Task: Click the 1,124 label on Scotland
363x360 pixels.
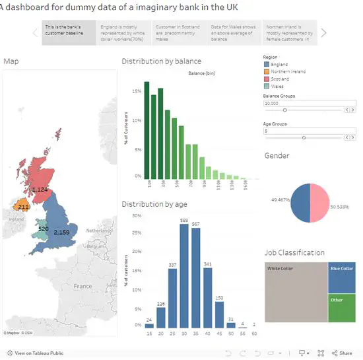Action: pos(40,190)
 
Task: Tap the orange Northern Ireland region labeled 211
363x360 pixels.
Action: pos(22,205)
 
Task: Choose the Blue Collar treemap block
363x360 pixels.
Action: pos(341,277)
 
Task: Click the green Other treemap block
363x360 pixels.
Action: pos(341,308)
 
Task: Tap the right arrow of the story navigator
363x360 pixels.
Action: pos(323,32)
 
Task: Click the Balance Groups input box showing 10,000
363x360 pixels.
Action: pos(309,103)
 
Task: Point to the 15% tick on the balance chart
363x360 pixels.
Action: pos(137,91)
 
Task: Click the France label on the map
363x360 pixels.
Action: pos(82,286)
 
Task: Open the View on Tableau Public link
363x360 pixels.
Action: pos(33,353)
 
